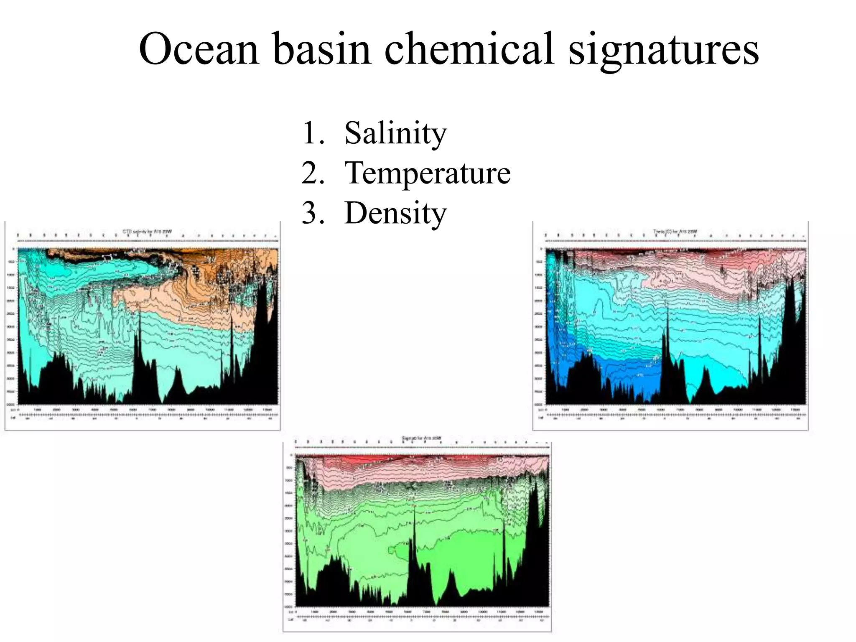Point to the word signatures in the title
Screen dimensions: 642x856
[x=663, y=49]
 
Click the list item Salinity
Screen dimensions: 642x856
[x=395, y=133]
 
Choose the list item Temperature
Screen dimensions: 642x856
[x=427, y=173]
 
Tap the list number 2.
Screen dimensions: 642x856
[x=313, y=173]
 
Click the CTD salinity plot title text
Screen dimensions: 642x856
[x=147, y=231]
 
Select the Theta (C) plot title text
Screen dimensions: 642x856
[x=675, y=231]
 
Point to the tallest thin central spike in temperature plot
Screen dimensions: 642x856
[x=667, y=330]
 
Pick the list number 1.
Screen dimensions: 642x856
[x=313, y=133]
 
